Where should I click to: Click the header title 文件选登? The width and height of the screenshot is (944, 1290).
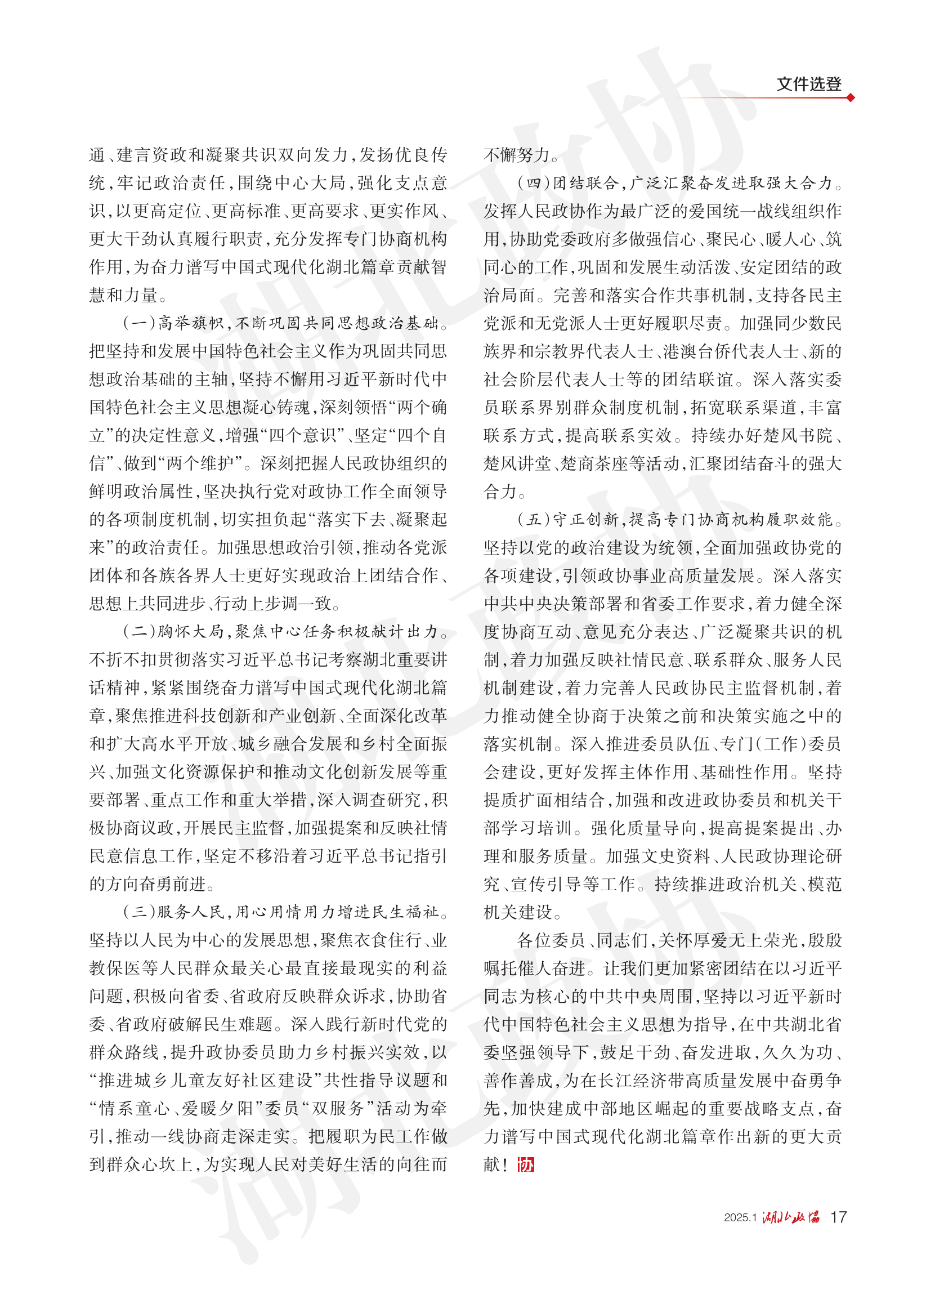click(x=808, y=84)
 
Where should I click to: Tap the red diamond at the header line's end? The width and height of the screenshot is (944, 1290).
click(x=851, y=98)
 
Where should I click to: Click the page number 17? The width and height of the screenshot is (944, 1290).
click(x=838, y=1217)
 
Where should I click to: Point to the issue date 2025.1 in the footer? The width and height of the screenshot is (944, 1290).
click(x=740, y=1217)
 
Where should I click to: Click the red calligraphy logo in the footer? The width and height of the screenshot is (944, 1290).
click(x=791, y=1217)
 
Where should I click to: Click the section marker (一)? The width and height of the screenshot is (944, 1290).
click(x=139, y=324)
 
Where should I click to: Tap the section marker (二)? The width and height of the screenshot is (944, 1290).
click(x=139, y=632)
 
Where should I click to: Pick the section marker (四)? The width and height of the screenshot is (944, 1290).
click(x=534, y=184)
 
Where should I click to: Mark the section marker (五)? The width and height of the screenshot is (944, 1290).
click(x=534, y=520)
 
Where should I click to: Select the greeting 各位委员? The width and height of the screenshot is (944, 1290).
click(x=551, y=940)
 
